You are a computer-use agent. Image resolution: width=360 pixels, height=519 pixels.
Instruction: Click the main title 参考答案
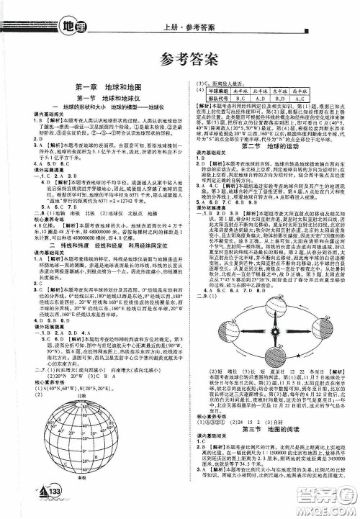click(x=180, y=59)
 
